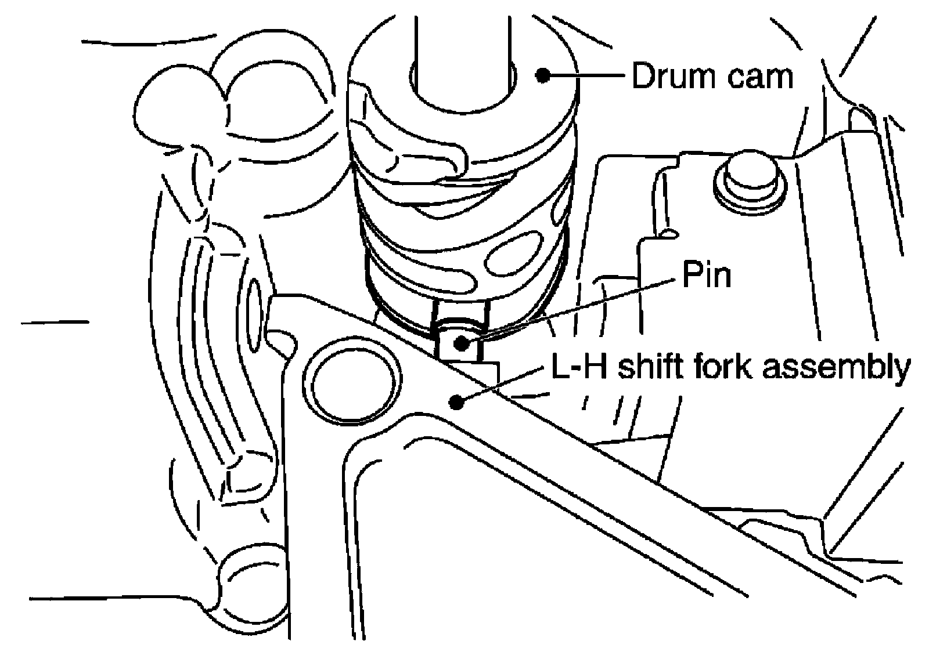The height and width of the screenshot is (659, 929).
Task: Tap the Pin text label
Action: point(706,275)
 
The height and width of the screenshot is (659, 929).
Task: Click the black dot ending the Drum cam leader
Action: point(543,75)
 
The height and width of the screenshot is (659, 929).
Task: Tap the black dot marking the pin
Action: point(462,342)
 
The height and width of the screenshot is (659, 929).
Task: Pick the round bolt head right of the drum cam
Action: point(748,177)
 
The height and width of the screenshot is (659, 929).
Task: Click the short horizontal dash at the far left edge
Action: point(55,321)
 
